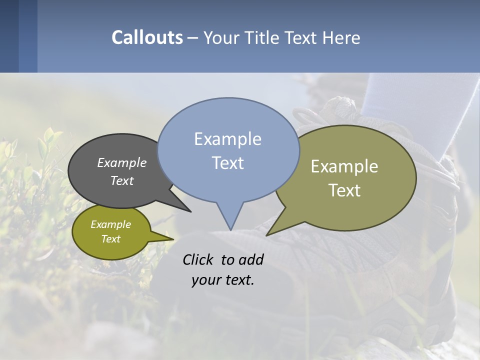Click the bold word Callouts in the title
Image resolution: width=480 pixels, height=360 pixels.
tap(147, 37)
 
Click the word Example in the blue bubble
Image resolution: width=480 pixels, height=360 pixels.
tap(227, 139)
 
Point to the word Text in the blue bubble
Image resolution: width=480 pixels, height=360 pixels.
tap(228, 163)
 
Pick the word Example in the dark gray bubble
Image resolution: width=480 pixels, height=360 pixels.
tap(122, 162)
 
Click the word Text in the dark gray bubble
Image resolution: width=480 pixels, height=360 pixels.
tap(122, 180)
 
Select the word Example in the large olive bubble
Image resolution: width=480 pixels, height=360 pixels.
tap(344, 166)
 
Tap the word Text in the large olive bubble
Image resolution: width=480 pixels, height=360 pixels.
tap(345, 190)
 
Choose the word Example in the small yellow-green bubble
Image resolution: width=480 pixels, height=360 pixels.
tap(110, 224)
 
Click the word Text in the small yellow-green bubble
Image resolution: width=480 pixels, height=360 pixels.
tap(110, 239)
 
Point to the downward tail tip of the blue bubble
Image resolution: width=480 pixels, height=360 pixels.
tap(230, 229)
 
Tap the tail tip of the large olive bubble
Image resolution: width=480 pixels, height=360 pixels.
tap(268, 234)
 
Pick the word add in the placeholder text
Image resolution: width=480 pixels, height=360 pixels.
tap(251, 259)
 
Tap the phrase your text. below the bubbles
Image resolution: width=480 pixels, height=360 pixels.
tap(223, 280)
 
